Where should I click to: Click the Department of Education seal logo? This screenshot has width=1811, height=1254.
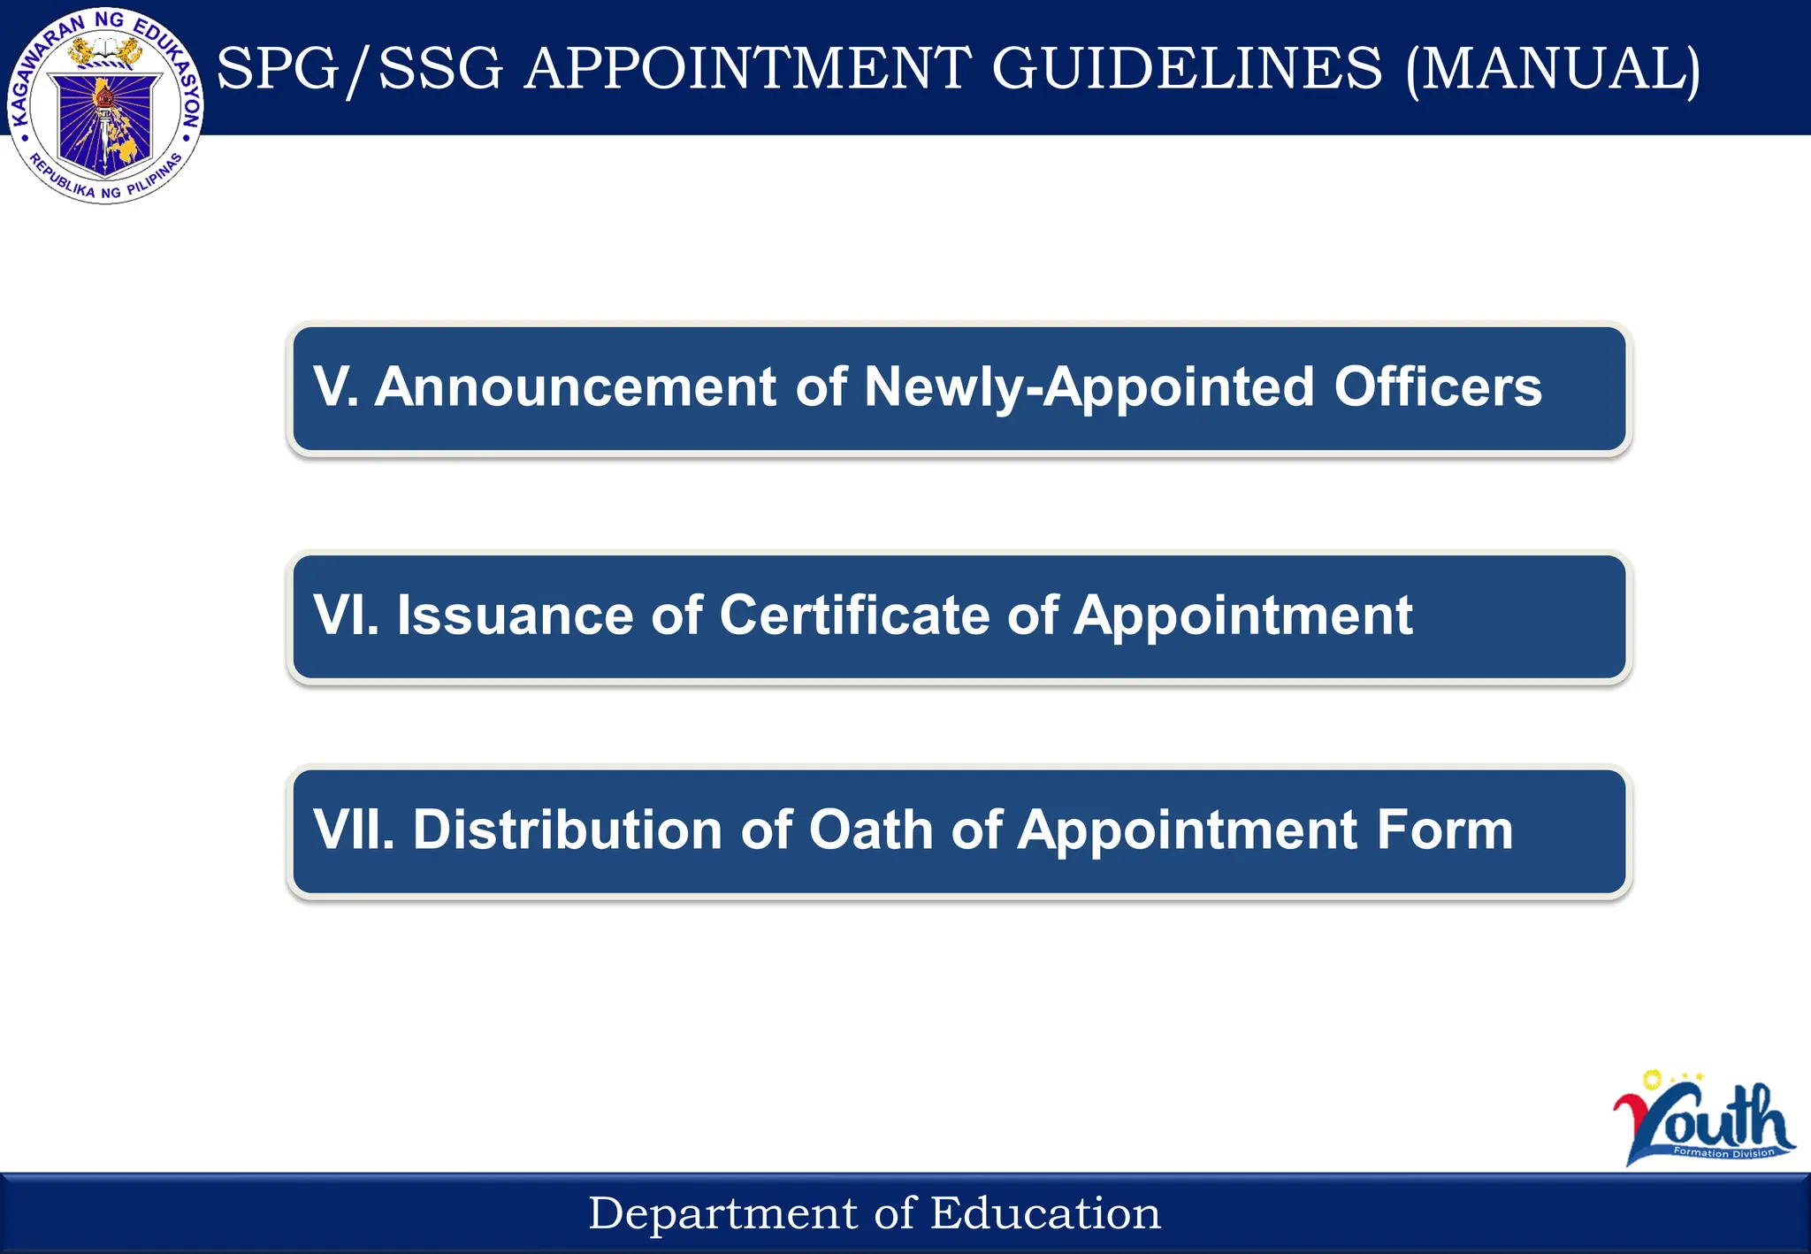[105, 106]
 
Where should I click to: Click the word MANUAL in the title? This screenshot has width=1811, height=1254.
[1553, 69]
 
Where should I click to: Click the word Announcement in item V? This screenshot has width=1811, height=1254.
[575, 387]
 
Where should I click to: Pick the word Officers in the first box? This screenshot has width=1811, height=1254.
[1437, 387]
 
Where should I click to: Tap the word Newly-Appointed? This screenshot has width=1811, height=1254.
[1089, 387]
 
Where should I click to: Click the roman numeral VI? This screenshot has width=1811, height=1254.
[346, 616]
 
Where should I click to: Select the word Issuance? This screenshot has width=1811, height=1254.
[515, 616]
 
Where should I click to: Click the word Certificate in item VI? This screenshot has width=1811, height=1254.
[854, 616]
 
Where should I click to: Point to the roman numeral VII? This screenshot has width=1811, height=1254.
[354, 830]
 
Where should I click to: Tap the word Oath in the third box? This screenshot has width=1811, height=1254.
[871, 830]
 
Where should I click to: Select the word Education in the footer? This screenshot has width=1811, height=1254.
[1045, 1213]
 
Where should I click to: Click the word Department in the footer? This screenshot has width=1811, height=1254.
[722, 1213]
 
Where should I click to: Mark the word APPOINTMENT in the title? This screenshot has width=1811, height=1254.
[747, 69]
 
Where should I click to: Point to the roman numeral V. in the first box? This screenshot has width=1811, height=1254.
[335, 387]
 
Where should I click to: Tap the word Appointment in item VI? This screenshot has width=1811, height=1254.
[1242, 616]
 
